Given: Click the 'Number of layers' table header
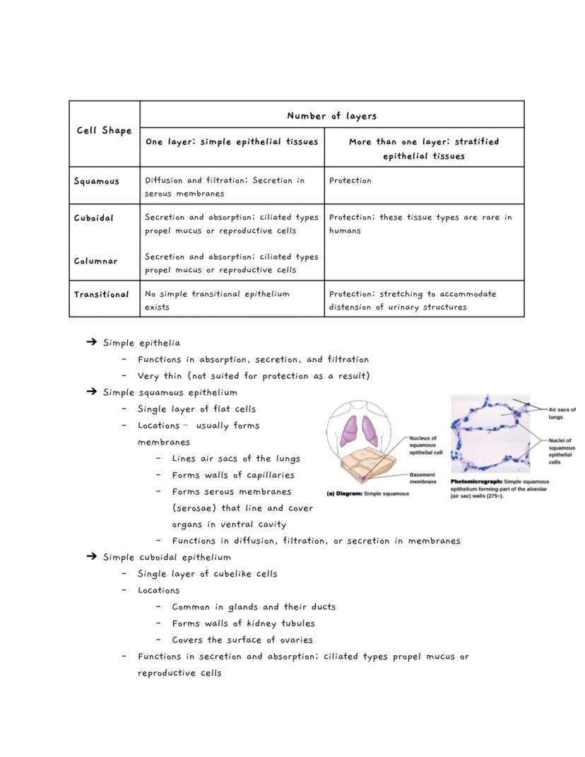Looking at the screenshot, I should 331,116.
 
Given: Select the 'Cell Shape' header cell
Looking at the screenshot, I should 104,131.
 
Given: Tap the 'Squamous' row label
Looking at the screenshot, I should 97,181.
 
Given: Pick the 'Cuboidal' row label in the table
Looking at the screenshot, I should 94,218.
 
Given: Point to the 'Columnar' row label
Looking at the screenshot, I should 96,261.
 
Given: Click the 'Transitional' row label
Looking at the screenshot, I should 102,294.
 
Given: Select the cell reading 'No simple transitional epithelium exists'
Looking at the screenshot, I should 217,300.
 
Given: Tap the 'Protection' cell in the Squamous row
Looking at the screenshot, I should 350,180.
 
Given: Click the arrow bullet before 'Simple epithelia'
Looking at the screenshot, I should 91,343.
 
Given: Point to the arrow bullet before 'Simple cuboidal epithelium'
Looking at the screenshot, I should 91,557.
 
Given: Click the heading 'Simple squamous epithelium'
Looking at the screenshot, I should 170,392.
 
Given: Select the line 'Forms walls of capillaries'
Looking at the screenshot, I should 233,475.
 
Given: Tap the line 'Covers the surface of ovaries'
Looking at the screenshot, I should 242,640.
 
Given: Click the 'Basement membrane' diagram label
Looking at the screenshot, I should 422,478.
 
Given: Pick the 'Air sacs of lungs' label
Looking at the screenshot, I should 562,413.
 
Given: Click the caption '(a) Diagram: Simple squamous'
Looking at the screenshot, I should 367,493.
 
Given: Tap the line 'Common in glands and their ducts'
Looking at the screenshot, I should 254,606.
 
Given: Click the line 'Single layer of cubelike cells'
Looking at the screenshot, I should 207,574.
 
